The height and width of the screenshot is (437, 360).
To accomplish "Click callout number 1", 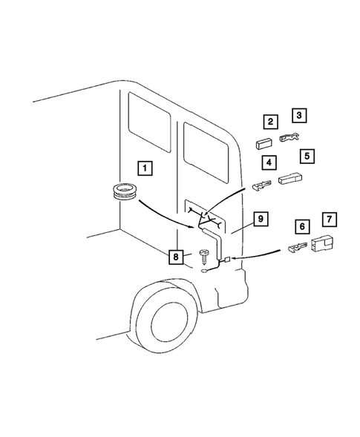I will (146, 168).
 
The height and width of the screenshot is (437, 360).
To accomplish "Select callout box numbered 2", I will (272, 122).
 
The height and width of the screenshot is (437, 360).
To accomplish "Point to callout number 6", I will (302, 225).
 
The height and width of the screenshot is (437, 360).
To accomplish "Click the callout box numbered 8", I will (176, 257).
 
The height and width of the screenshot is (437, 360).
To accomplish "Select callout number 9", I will (259, 219).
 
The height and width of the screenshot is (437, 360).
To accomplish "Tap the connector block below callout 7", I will (324, 241).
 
